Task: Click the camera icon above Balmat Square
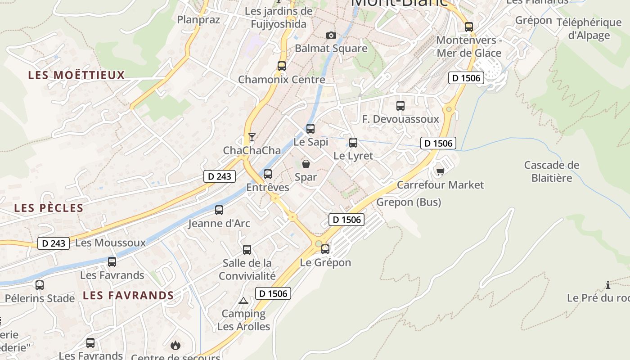(x=331, y=35)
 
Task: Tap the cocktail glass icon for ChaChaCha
(x=252, y=137)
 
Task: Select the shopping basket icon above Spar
(x=306, y=164)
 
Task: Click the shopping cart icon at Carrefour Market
(x=440, y=171)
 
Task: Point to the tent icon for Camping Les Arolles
(x=243, y=300)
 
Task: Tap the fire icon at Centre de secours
(x=175, y=346)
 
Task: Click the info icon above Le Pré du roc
(x=608, y=285)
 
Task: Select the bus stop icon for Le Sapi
(x=310, y=129)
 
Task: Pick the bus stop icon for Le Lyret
(x=353, y=143)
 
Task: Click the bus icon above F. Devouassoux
(x=400, y=106)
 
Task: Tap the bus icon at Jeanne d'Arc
(x=219, y=210)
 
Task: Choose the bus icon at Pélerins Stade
(x=40, y=285)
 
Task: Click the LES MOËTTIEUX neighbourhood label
(x=76, y=75)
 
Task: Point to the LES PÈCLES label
(x=49, y=208)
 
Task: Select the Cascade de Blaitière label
(x=552, y=171)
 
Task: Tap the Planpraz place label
(x=198, y=19)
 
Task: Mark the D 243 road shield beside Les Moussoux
(x=54, y=243)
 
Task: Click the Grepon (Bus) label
(x=409, y=202)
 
